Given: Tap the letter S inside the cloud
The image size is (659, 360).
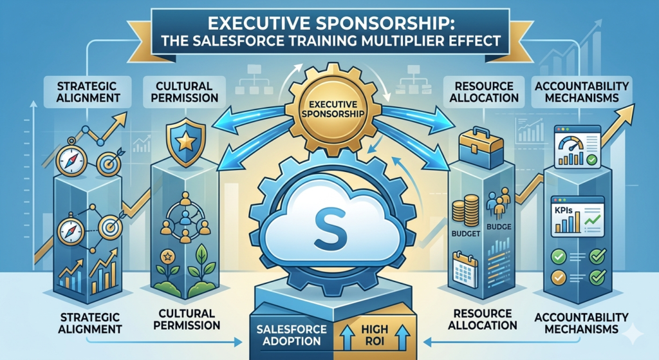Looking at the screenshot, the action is pos(330,230).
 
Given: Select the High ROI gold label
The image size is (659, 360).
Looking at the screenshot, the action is pos(375,335).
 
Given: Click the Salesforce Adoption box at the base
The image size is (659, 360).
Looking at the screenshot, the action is pos(292,335).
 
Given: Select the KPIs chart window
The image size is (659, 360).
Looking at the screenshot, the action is pos(577,216).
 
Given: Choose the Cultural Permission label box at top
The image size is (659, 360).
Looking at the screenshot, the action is pos(185,92).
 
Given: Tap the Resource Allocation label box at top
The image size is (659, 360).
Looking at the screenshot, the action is pos(484,92).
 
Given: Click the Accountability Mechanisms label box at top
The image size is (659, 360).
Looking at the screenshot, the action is pos(582,92).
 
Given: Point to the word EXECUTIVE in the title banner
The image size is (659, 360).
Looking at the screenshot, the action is pos(257,24).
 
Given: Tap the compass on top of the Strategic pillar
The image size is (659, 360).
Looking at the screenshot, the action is pos(71,160).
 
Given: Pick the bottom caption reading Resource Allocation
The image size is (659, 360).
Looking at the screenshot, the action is pos(483,319).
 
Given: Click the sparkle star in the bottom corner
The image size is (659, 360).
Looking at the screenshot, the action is pos(633,334).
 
